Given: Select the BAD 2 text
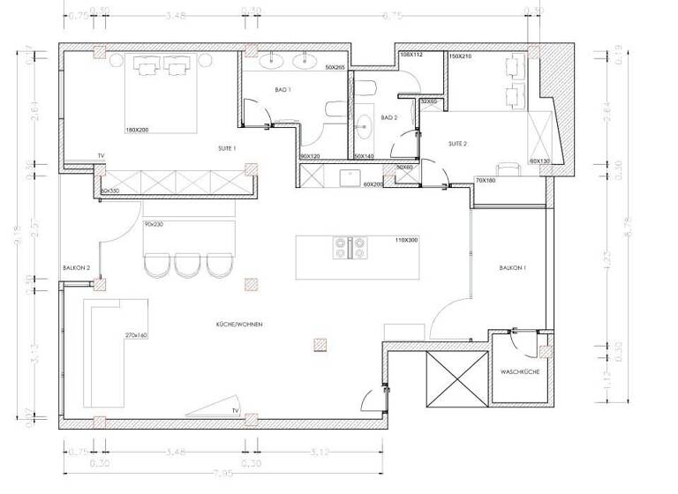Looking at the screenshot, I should (389, 117).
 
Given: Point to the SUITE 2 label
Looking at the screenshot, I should (457, 143).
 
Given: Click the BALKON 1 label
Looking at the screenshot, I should (512, 267).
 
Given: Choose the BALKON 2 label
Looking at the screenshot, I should (75, 267).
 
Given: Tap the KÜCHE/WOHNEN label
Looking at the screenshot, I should (239, 325).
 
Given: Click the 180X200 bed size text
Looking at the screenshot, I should (137, 130).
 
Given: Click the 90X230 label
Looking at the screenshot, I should (154, 225).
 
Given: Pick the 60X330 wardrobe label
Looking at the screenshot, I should (109, 191).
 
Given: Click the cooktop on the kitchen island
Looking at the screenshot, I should (348, 247).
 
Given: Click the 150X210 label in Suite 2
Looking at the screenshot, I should (460, 56).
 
